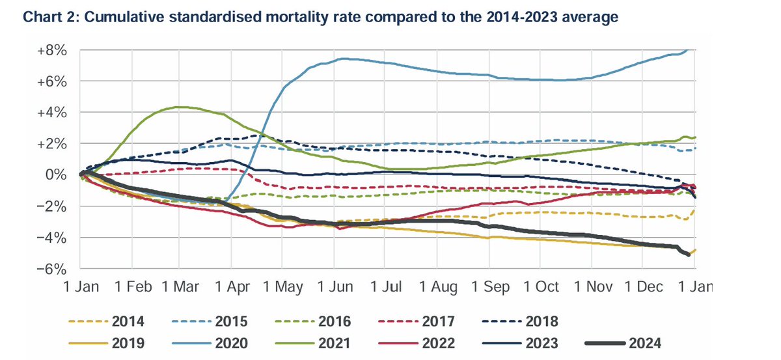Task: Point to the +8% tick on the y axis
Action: click(x=55, y=50)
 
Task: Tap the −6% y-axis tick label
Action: click(x=55, y=268)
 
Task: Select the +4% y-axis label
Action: click(x=55, y=113)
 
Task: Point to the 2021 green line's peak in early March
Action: click(x=179, y=107)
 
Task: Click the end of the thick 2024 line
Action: click(x=689, y=255)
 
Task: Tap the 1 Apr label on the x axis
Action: click(x=232, y=287)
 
